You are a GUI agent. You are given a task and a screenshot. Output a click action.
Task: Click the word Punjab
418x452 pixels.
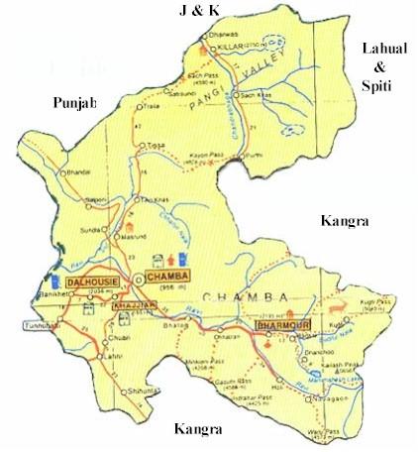pyautogui.click(x=77, y=103)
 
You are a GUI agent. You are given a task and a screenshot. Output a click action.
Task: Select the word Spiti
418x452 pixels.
pyautogui.click(x=380, y=87)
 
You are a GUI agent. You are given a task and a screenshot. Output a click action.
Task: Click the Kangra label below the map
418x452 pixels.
pyautogui.click(x=198, y=429)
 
